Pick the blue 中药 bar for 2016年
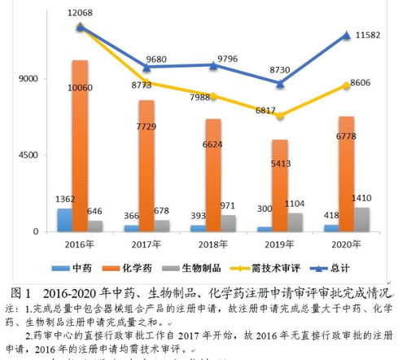coord(64,220)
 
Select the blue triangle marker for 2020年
coord(347,35)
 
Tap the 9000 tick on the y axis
coord(30,79)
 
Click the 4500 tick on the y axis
coord(30,155)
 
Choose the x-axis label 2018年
coord(213,243)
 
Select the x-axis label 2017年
coord(147,243)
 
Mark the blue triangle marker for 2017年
coord(147,67)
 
